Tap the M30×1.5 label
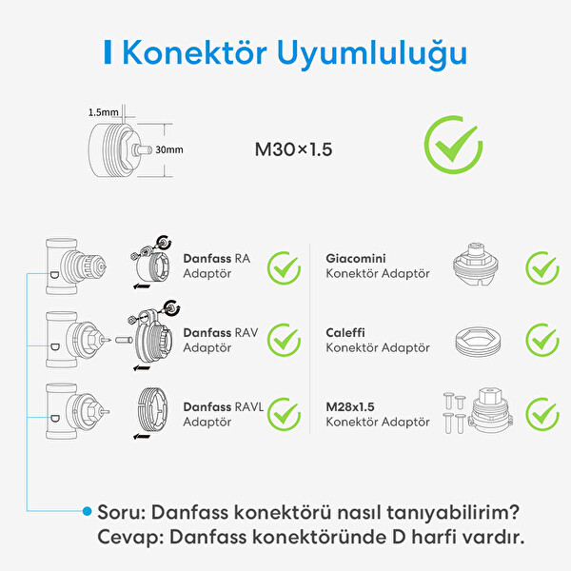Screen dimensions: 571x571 pos(293,149)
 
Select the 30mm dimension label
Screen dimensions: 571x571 pos(168,150)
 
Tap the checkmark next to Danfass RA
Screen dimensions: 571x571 pos(283,267)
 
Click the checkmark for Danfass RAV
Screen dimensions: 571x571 pos(283,339)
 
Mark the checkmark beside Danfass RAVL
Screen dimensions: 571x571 pos(283,413)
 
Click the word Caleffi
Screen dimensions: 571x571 pos(345,333)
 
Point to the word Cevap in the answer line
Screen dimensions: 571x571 pos(122,537)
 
